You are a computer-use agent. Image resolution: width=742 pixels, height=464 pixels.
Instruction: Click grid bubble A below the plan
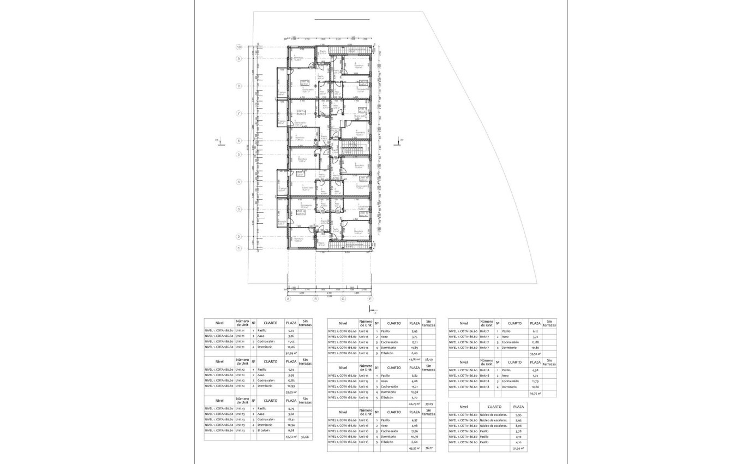(x=288, y=299)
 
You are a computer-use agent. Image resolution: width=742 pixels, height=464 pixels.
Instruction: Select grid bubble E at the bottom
(x=370, y=299)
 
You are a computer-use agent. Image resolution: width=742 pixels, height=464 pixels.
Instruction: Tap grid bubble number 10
(x=239, y=47)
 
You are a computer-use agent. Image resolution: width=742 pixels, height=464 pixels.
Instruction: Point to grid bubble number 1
(x=239, y=248)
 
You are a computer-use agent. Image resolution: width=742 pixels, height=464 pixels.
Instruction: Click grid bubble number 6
(x=239, y=141)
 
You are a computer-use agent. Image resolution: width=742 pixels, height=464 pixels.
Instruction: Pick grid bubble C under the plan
(x=343, y=299)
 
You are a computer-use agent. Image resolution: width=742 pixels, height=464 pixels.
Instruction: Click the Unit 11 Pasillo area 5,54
(x=291, y=331)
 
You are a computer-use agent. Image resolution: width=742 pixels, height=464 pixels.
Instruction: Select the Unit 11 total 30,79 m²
(x=291, y=353)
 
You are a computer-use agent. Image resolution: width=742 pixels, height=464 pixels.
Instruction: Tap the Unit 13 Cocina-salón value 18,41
(x=291, y=419)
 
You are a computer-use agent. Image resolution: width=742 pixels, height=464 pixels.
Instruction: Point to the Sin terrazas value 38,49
(x=428, y=359)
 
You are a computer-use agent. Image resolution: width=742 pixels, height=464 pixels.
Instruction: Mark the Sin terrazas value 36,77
(x=428, y=448)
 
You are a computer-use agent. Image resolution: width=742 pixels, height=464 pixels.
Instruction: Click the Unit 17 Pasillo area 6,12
(x=534, y=331)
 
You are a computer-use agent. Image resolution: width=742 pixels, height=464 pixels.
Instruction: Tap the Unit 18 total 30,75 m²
(x=535, y=393)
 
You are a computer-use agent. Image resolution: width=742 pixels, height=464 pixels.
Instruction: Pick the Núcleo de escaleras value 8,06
(x=518, y=426)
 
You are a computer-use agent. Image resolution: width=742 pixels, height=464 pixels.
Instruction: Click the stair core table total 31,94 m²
(x=518, y=448)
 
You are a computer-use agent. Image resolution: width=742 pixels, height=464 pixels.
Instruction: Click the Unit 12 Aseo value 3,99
(x=291, y=375)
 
